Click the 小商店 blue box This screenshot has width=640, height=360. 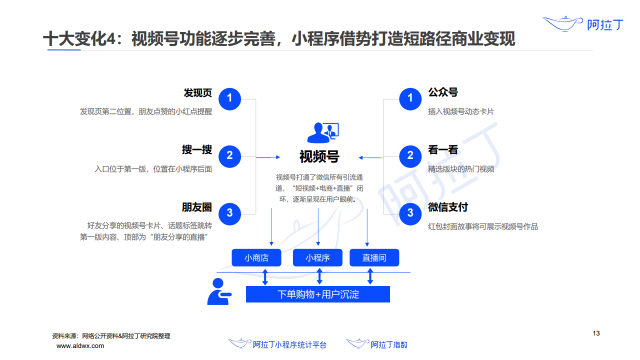click(x=256, y=257)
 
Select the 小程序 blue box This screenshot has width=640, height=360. click(x=317, y=257)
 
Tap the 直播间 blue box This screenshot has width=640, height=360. click(x=374, y=257)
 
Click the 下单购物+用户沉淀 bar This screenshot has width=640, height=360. click(x=317, y=294)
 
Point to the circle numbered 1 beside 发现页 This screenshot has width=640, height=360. click(x=229, y=99)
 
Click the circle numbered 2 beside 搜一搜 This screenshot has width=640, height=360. click(x=229, y=156)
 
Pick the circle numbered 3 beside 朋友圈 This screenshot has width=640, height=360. click(x=229, y=214)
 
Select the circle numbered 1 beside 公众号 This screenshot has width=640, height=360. click(x=410, y=99)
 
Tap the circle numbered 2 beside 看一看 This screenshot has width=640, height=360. click(x=410, y=156)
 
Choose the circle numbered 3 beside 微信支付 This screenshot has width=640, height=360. click(x=410, y=214)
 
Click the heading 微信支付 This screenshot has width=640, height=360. click(x=447, y=207)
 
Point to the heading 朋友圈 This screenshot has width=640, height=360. click(x=197, y=207)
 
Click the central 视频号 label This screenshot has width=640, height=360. click(x=319, y=156)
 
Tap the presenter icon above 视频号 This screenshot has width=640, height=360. click(x=323, y=132)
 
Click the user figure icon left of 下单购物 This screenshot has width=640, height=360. click(x=219, y=291)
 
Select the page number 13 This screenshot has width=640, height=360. click(x=596, y=333)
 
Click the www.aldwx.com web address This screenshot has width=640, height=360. click(x=80, y=346)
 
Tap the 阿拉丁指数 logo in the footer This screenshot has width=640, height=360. click(x=376, y=344)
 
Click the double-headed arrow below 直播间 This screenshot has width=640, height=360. click(x=370, y=276)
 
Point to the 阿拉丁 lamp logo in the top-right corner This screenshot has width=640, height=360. click(x=583, y=24)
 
